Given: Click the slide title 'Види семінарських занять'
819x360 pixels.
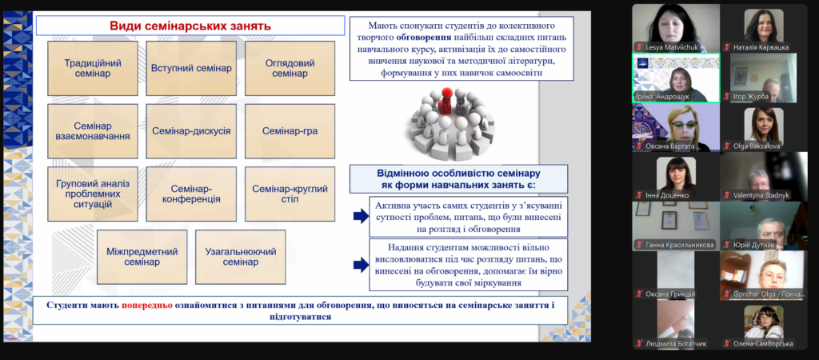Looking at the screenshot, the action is click(190, 26).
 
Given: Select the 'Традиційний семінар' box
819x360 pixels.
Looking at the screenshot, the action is click(93, 69).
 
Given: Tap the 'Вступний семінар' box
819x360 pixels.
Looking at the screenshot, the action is click(191, 69).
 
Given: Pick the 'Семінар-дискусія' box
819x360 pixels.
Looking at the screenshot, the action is click(191, 131).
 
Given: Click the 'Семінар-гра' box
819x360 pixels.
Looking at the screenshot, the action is click(290, 131).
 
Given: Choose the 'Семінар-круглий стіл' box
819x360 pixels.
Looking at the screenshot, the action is click(290, 194).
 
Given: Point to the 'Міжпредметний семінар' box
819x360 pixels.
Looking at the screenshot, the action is click(142, 257).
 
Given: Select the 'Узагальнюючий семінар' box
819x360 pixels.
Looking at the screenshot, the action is click(240, 257).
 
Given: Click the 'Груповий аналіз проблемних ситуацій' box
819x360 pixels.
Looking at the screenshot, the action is click(93, 194).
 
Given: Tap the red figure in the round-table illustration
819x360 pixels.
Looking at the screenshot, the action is click(446, 101).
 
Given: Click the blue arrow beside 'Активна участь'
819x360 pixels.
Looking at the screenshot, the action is click(361, 216).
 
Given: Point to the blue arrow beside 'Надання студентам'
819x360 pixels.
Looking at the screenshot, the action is click(361, 265).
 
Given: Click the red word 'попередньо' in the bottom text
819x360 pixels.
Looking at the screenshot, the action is click(147, 305).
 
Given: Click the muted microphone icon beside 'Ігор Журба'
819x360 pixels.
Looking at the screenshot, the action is click(726, 97).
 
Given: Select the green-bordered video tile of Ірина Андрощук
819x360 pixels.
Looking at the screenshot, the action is click(676, 78).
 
